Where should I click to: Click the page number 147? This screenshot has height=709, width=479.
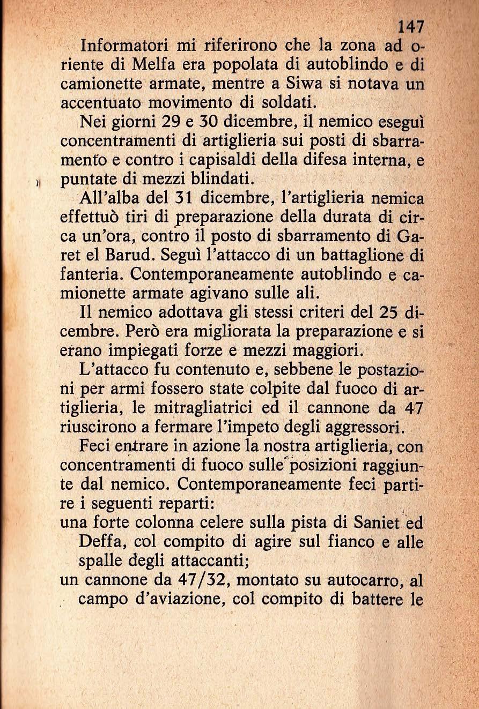click(x=411, y=27)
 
